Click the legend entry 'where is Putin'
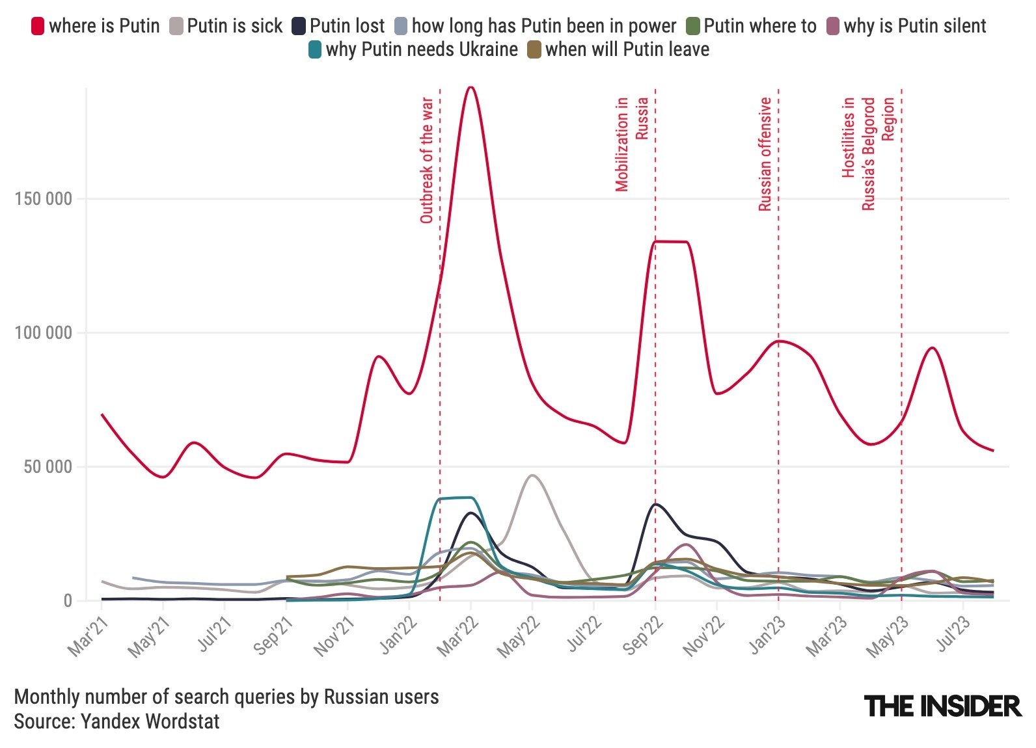click(96, 26)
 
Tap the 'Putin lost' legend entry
click(338, 26)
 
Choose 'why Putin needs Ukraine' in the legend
click(414, 49)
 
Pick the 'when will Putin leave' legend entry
click(619, 49)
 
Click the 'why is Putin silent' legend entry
click(906, 26)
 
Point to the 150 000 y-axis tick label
click(43, 199)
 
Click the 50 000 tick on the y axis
click(46, 467)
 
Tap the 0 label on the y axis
click(68, 601)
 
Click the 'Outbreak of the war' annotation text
click(427, 161)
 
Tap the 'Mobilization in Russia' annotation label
click(632, 144)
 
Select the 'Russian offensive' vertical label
click(765, 154)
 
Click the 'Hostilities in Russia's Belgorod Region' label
click(868, 154)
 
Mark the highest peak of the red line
click(470, 87)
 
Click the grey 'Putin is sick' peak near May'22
click(532, 475)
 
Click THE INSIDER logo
click(943, 706)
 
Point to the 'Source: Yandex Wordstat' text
click(117, 721)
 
